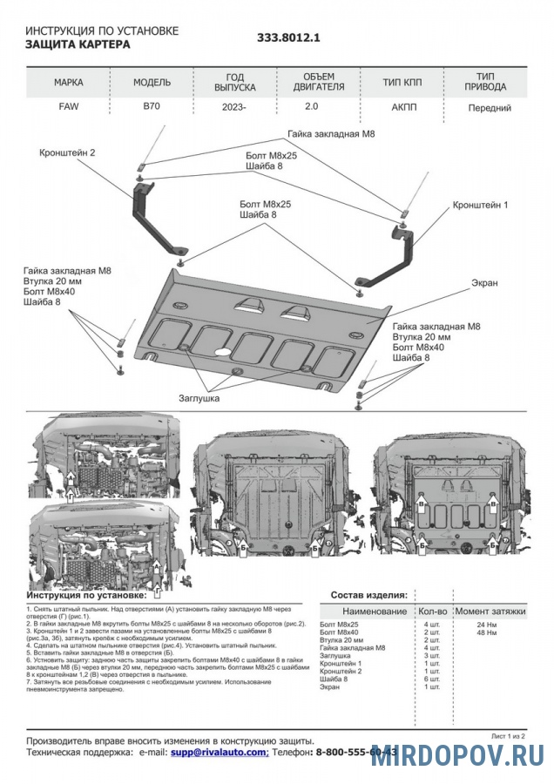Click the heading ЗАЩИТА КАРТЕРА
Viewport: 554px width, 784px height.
coord(78,44)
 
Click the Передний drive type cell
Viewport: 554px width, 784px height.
coord(489,109)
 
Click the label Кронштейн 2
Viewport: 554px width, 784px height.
coord(67,152)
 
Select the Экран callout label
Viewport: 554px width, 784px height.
coord(484,283)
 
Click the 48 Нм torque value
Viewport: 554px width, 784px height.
coord(486,632)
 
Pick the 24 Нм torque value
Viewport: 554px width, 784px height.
coord(486,625)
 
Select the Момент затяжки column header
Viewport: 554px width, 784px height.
coord(490,612)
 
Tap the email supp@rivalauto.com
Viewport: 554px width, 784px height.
coord(219,750)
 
